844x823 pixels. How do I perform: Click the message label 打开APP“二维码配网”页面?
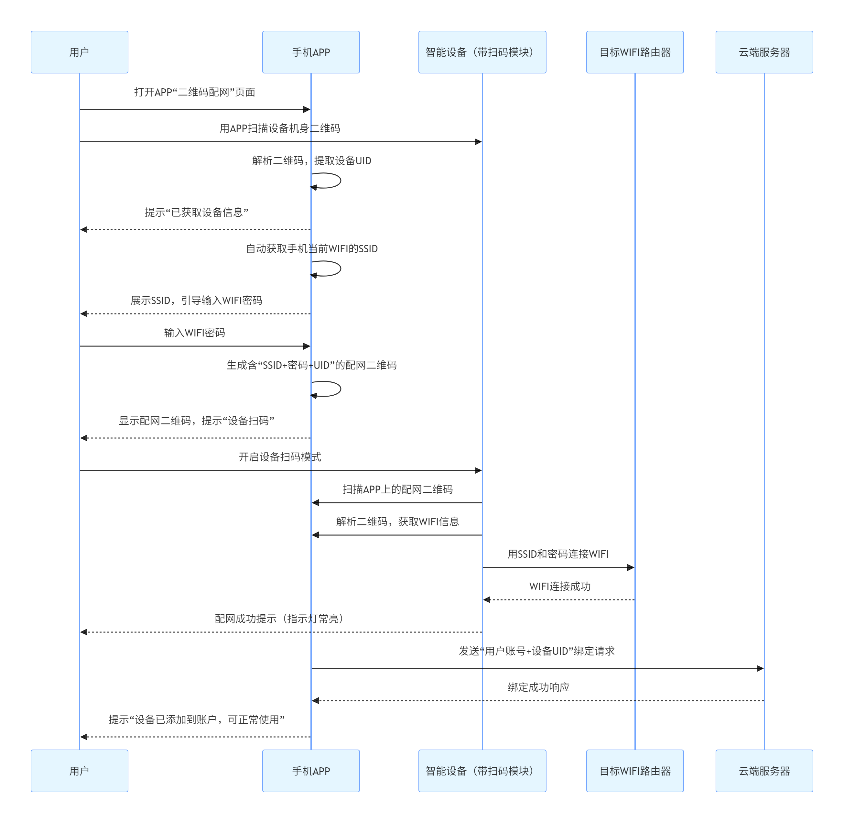point(194,92)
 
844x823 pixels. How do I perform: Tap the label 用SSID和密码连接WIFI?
point(557,554)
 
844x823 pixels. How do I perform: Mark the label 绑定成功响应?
point(538,687)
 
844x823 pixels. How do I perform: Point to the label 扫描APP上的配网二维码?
point(397,489)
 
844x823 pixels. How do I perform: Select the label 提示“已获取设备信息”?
point(196,212)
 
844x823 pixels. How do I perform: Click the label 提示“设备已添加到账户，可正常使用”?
point(196,720)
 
